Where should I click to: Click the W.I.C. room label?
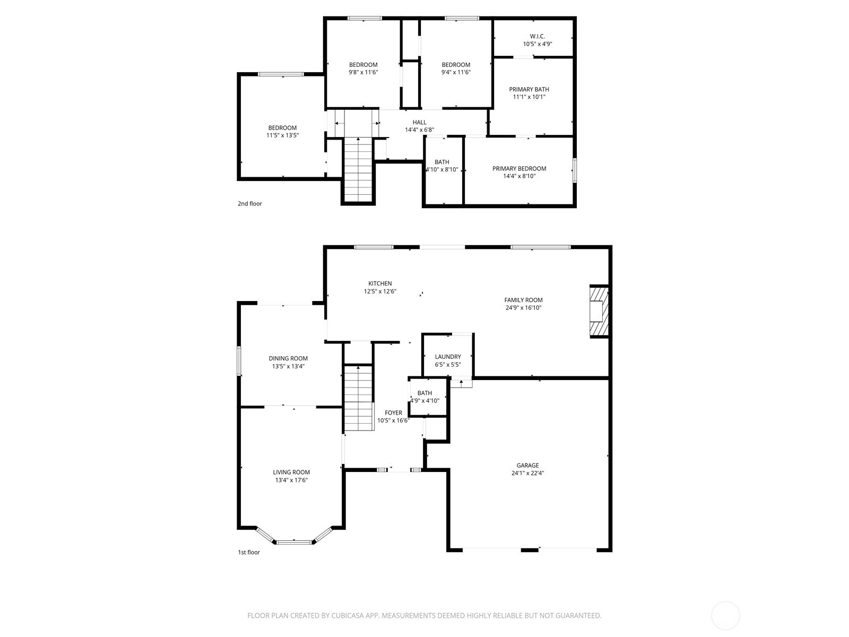click(537, 37)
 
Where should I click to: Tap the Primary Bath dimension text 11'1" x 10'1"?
click(529, 97)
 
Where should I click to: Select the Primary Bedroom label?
click(519, 169)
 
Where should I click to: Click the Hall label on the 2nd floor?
click(419, 123)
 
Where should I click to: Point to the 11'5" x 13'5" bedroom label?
click(282, 135)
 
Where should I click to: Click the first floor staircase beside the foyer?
click(359, 398)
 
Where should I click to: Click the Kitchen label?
click(380, 283)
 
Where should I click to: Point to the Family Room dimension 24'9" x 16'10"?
click(523, 308)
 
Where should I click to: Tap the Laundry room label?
click(448, 357)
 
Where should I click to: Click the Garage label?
click(527, 466)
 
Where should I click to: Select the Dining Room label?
click(288, 358)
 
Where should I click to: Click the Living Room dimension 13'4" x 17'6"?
click(291, 480)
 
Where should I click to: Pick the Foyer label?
click(393, 412)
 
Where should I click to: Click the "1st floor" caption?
click(249, 552)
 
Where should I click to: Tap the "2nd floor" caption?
click(250, 204)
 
